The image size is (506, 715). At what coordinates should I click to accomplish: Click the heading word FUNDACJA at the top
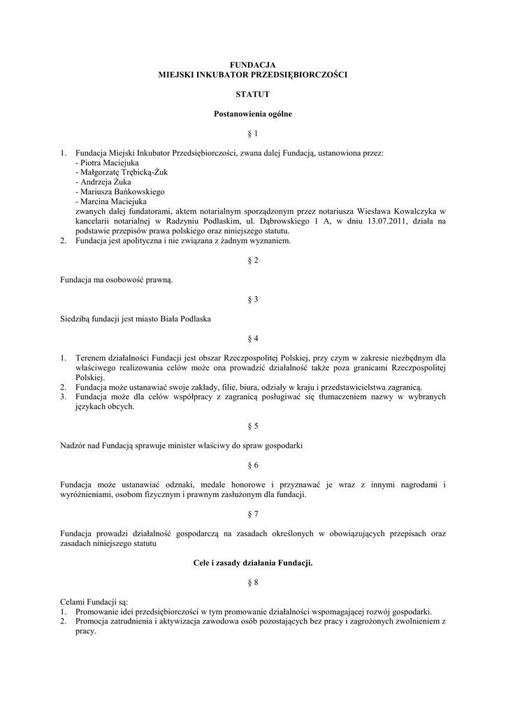click(252, 64)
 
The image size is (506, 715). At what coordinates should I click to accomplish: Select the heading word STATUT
click(252, 94)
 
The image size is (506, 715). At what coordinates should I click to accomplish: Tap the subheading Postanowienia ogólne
click(252, 113)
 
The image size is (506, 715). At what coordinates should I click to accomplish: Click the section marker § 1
click(253, 133)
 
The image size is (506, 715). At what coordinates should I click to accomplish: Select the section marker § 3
click(253, 299)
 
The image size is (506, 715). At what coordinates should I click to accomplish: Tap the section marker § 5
click(253, 425)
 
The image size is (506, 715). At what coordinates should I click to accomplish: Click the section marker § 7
click(253, 514)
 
